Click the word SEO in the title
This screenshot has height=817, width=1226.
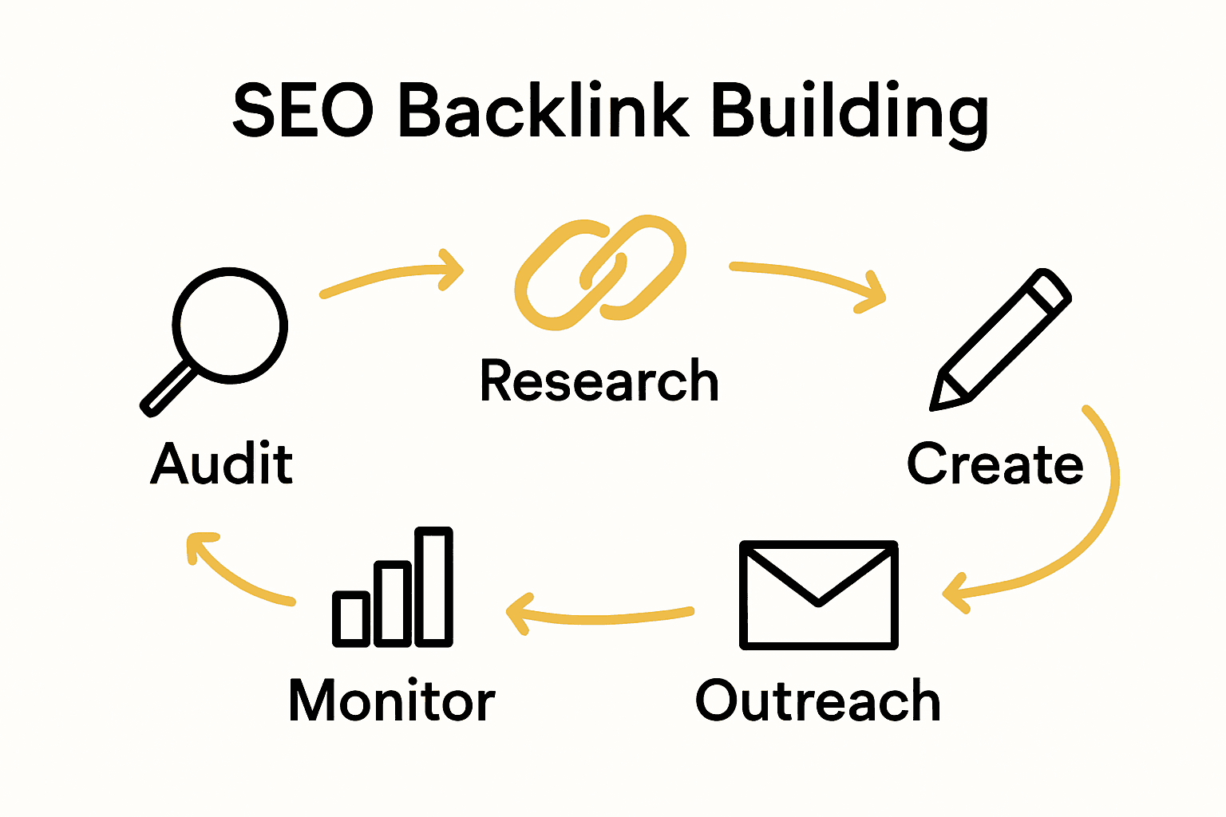click(303, 110)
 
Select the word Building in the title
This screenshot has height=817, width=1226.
click(849, 112)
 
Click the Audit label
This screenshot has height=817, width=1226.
click(222, 464)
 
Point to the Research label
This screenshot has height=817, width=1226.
click(599, 381)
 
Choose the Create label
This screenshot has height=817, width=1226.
click(995, 464)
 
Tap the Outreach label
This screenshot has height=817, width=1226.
click(818, 701)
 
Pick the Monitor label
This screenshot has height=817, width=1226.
click(392, 701)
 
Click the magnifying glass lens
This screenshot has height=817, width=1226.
click(230, 325)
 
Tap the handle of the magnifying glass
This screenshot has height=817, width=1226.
click(165, 392)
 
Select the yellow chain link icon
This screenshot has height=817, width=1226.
click(600, 271)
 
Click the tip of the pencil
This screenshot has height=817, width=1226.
click(939, 399)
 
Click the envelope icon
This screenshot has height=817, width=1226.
click(819, 595)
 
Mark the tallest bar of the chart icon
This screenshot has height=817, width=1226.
click(434, 586)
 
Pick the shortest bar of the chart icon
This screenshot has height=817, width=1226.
click(351, 618)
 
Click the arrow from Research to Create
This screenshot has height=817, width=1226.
click(806, 278)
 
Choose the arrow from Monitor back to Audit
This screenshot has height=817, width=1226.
click(231, 576)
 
